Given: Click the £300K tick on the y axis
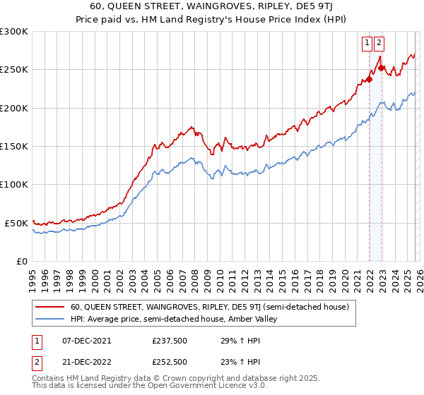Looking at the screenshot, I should tap(14, 32).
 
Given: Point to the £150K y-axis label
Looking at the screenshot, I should tap(14, 147).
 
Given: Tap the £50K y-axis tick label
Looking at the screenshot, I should tap(16, 223).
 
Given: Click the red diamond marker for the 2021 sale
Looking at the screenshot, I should tap(369, 80).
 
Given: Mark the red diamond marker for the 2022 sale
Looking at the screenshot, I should tap(382, 68).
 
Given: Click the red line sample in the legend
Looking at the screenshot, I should tap(49, 308).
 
